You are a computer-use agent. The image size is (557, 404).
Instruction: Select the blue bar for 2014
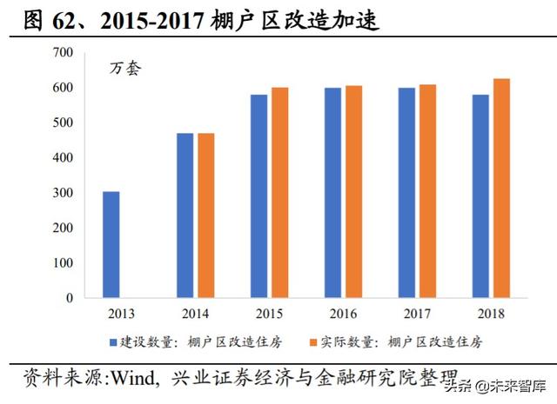185,215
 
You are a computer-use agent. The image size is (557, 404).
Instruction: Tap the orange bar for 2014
205,215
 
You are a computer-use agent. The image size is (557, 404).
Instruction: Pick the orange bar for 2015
279,192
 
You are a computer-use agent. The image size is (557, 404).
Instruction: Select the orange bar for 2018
501,188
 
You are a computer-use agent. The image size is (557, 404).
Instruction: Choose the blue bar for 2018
480,195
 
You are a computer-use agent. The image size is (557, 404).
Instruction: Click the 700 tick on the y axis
63,53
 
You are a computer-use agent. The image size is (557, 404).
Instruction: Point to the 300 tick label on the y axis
63,193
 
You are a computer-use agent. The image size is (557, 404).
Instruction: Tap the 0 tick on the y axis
70,298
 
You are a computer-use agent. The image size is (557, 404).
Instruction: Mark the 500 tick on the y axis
63,123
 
